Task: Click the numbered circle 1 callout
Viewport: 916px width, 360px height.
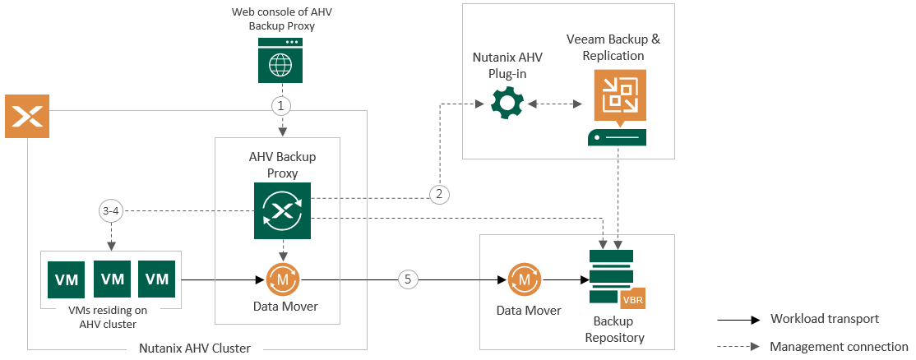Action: pos(282,106)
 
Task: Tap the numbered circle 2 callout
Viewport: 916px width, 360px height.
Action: pos(439,194)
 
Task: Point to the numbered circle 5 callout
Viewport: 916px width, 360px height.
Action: pos(408,279)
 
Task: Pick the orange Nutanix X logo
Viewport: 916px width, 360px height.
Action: pos(28,116)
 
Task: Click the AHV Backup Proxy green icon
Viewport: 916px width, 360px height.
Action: pos(282,210)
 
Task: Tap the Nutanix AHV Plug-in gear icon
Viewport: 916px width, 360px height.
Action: pos(507,105)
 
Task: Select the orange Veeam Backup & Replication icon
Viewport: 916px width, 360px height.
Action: pos(617,92)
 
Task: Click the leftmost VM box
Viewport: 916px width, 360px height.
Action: pos(67,279)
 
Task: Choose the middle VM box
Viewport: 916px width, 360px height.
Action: pos(112,279)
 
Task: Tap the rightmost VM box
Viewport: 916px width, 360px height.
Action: pos(157,279)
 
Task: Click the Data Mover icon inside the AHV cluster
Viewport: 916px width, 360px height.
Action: pos(282,279)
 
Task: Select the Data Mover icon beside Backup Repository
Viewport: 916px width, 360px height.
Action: pos(524,279)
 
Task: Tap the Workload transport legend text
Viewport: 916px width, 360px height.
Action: pos(825,319)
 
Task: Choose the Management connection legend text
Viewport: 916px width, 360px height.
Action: pos(839,347)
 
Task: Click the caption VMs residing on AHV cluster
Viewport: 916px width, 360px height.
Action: pos(113,317)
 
